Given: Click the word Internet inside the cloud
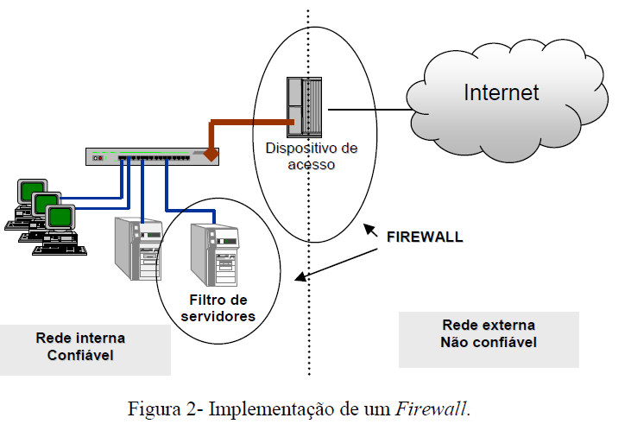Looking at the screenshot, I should [x=501, y=92].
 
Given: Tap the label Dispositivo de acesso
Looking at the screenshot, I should [x=311, y=155].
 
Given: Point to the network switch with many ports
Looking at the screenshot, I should [x=152, y=156].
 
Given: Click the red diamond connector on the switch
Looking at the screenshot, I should [x=210, y=156].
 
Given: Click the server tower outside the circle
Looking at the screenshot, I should [x=138, y=248].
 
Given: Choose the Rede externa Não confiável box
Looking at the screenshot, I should [x=489, y=333].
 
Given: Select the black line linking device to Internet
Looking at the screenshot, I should [x=367, y=110].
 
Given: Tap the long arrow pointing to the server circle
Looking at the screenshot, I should [x=341, y=263].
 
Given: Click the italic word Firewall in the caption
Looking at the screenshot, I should [x=431, y=407].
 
